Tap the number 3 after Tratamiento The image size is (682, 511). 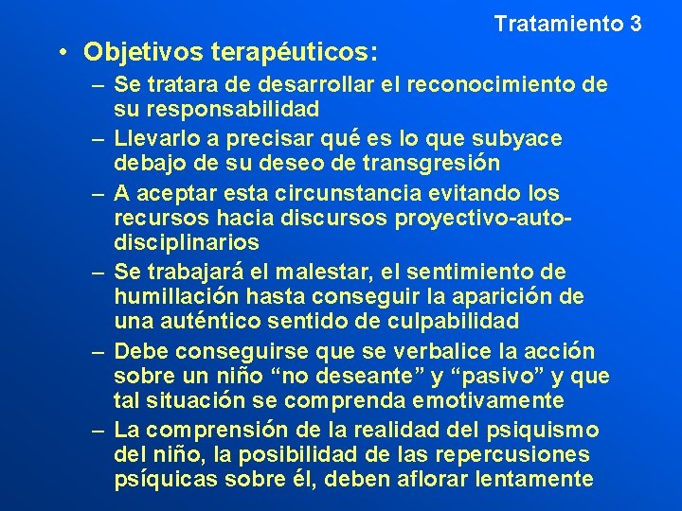[635, 23]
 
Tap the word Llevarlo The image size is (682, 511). [154, 139]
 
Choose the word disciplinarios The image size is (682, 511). [187, 243]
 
